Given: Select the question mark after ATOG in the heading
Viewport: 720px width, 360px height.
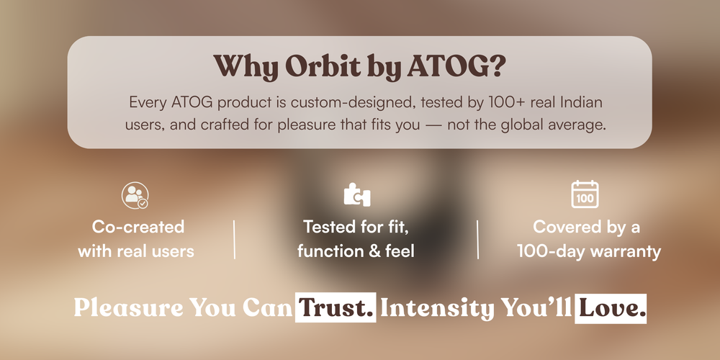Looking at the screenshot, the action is [x=496, y=67].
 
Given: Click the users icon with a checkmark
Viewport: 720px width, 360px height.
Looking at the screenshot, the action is [x=135, y=195].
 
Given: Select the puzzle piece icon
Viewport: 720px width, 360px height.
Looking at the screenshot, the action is [x=357, y=194].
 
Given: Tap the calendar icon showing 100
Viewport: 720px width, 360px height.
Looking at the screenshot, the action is [x=585, y=194].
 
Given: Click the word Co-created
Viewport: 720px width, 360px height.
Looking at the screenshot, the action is [x=138, y=227].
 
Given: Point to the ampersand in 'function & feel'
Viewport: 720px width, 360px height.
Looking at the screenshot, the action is [x=376, y=251].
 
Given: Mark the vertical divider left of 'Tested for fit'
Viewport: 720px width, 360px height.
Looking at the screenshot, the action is [x=235, y=239].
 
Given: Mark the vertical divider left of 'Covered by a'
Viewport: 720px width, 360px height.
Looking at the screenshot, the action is [x=478, y=239].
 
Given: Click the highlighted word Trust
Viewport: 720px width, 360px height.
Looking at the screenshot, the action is [x=336, y=307].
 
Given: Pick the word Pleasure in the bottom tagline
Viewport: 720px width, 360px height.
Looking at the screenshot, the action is [x=129, y=307].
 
